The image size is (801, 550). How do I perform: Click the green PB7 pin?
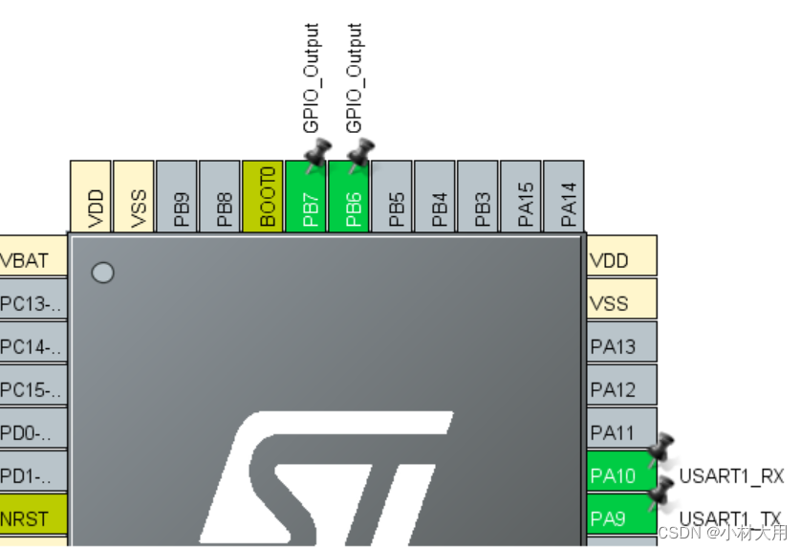tap(306, 195)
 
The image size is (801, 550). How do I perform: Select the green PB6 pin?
tap(349, 195)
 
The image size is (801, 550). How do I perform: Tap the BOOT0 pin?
tap(263, 195)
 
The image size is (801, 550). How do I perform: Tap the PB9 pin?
tap(177, 195)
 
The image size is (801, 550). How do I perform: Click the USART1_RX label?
tap(730, 475)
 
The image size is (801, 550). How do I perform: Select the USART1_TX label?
tap(730, 518)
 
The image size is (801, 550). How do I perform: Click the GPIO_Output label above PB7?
tap(311, 78)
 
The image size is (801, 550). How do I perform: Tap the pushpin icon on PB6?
tap(360, 153)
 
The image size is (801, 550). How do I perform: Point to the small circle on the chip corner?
tap(102, 273)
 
